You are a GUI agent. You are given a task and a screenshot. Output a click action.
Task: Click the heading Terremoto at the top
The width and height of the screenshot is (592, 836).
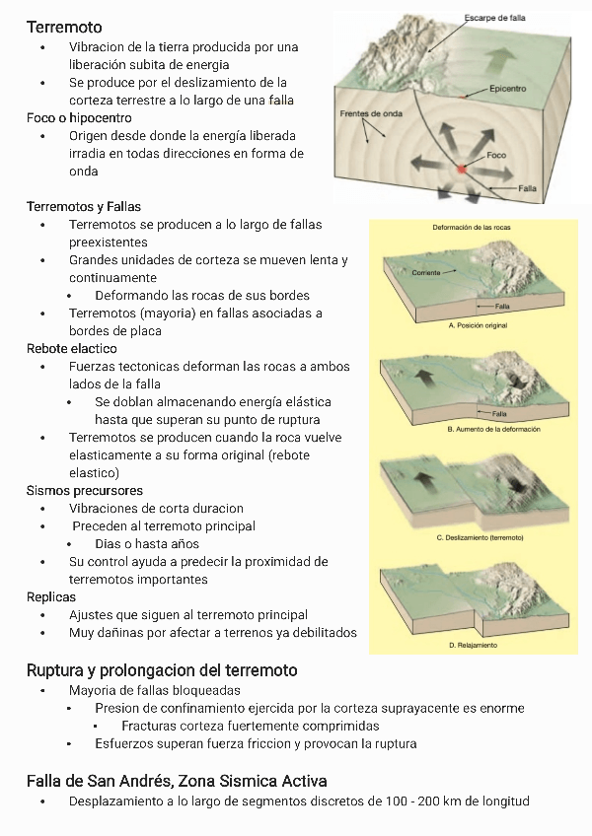[64, 27]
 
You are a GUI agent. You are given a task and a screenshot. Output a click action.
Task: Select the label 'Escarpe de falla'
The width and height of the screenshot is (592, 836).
[494, 18]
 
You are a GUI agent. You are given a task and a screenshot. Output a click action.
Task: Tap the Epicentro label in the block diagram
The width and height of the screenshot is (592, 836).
[507, 89]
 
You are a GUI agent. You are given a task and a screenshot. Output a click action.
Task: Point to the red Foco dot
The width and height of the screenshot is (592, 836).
[461, 170]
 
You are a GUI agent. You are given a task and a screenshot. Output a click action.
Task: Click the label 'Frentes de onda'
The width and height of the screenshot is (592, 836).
[369, 113]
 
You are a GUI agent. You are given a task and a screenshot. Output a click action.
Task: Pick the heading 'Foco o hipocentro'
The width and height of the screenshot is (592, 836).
[79, 118]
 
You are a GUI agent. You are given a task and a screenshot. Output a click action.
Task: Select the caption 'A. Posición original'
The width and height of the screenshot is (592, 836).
[478, 324]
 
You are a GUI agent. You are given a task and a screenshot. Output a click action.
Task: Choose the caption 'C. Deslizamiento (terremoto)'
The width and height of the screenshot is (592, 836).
[480, 537]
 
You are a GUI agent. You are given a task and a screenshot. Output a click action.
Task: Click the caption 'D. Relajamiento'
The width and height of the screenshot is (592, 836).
[473, 645]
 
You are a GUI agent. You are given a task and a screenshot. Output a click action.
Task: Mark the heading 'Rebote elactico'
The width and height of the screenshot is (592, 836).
[71, 349]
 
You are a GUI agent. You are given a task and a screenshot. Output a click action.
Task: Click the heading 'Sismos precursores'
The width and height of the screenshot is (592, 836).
[84, 491]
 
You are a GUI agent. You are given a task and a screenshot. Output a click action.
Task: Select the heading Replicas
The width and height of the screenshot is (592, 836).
[51, 597]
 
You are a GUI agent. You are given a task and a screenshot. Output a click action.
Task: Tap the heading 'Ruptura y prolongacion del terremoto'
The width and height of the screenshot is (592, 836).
[162, 670]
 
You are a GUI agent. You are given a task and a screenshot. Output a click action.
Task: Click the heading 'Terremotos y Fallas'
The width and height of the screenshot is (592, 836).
[83, 207]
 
